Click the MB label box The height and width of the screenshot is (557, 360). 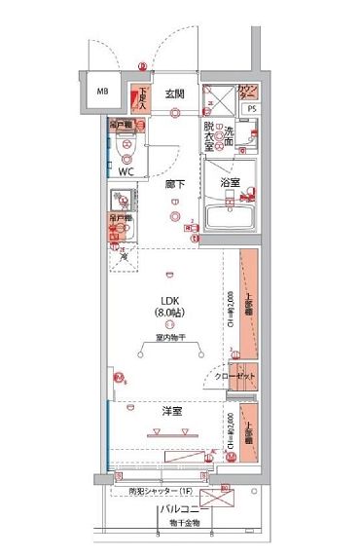point(101,94)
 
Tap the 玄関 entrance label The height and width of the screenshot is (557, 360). point(174,93)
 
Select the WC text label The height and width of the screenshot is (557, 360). point(126,171)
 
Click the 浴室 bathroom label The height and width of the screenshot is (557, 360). point(230,181)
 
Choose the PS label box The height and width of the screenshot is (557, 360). point(252,108)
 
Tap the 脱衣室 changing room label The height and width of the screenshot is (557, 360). point(208,132)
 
